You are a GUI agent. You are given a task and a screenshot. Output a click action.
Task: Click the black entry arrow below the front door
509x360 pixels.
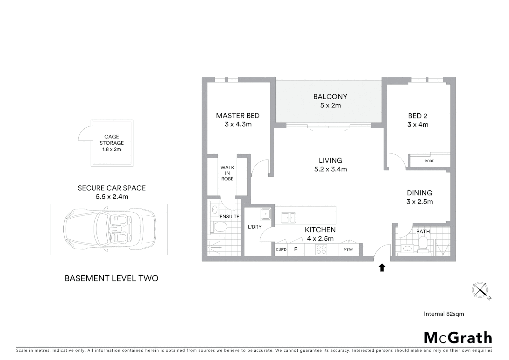(x=382, y=267)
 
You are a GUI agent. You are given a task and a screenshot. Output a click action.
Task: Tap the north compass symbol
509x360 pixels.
(x=480, y=290)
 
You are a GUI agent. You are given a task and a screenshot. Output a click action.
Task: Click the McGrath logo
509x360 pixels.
(x=458, y=338)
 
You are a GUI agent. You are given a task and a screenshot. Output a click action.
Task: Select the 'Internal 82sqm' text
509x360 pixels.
(x=444, y=314)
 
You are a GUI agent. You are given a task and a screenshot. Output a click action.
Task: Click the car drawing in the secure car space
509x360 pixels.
(x=110, y=230)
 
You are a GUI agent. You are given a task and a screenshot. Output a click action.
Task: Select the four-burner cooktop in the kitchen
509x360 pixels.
(x=321, y=249)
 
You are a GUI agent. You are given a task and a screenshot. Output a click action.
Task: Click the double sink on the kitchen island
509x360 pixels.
(x=288, y=218)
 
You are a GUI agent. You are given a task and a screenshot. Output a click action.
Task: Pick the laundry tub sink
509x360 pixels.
(x=265, y=214)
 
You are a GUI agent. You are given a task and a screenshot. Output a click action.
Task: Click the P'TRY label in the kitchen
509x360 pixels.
(x=348, y=250)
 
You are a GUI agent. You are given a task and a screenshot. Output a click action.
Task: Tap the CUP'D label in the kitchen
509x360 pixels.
(x=281, y=250)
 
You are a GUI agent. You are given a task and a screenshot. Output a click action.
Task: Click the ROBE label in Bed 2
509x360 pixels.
(x=429, y=161)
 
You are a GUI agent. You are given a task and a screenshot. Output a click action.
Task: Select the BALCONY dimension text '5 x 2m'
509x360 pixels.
(x=330, y=105)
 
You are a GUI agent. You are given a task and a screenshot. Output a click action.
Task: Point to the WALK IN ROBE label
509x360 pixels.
(x=227, y=173)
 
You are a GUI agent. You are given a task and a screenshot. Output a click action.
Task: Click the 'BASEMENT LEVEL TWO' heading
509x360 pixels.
(x=111, y=278)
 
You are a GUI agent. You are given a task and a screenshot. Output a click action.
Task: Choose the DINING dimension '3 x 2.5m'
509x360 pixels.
(x=419, y=202)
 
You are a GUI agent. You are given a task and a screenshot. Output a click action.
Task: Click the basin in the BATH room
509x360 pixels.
(x=407, y=248)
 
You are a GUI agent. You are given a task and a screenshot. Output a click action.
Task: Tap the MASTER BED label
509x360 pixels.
(x=238, y=116)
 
